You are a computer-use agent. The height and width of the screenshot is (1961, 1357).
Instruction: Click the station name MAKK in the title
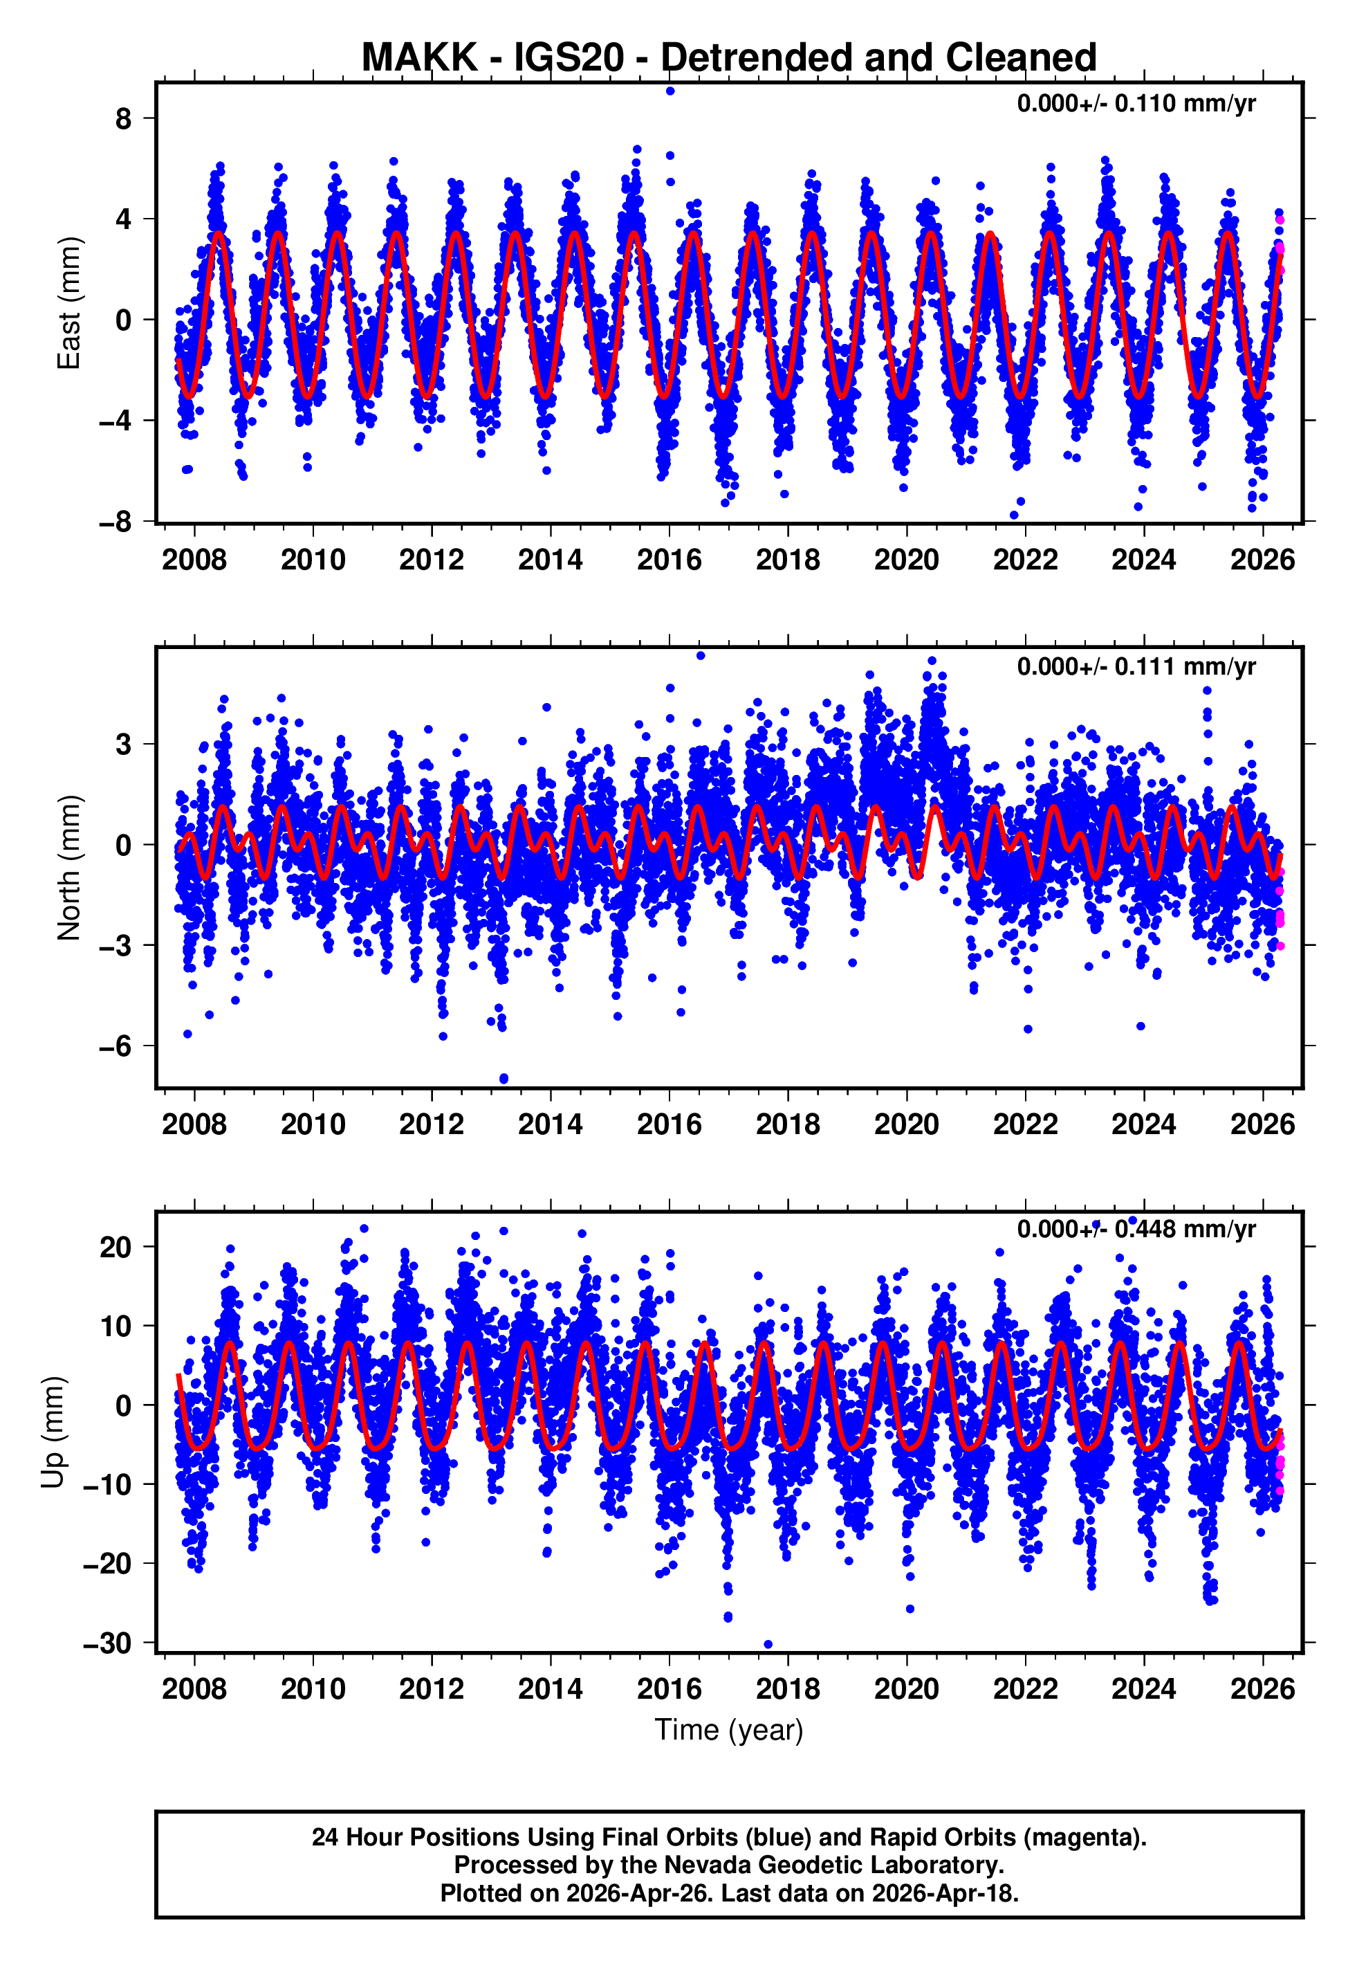pyautogui.click(x=419, y=58)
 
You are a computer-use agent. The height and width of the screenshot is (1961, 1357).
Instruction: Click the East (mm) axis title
pyautogui.click(x=68, y=303)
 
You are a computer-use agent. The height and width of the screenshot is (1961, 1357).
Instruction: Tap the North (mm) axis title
pyautogui.click(x=68, y=868)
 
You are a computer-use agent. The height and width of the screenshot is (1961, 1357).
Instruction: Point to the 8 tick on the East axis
pyautogui.click(x=124, y=118)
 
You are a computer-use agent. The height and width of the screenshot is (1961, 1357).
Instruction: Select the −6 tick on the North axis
pyautogui.click(x=116, y=1046)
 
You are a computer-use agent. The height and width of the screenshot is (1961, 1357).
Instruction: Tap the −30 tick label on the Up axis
pyautogui.click(x=108, y=1642)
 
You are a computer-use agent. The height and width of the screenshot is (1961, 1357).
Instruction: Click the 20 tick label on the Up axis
pyautogui.click(x=116, y=1248)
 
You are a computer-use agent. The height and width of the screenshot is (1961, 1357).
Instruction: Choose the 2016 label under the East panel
pyautogui.click(x=669, y=560)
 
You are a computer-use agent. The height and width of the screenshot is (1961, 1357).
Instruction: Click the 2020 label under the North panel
pyautogui.click(x=906, y=1124)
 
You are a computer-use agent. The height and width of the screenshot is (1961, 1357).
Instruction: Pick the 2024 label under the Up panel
pyautogui.click(x=1143, y=1688)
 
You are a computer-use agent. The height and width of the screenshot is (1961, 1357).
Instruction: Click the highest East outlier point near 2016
pyautogui.click(x=670, y=90)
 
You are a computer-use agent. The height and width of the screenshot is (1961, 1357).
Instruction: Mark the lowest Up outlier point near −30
pyautogui.click(x=768, y=1644)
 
